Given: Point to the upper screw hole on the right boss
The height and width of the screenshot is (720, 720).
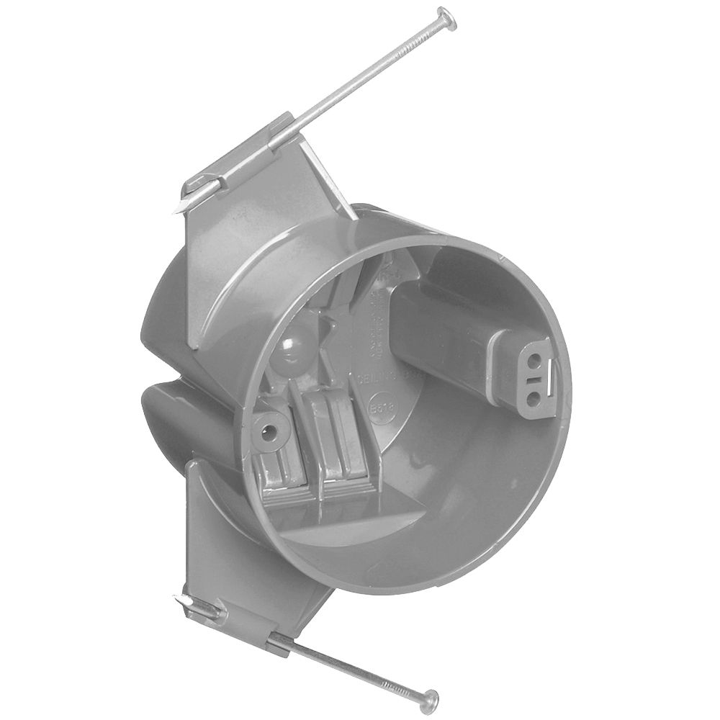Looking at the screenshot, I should (536, 357).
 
